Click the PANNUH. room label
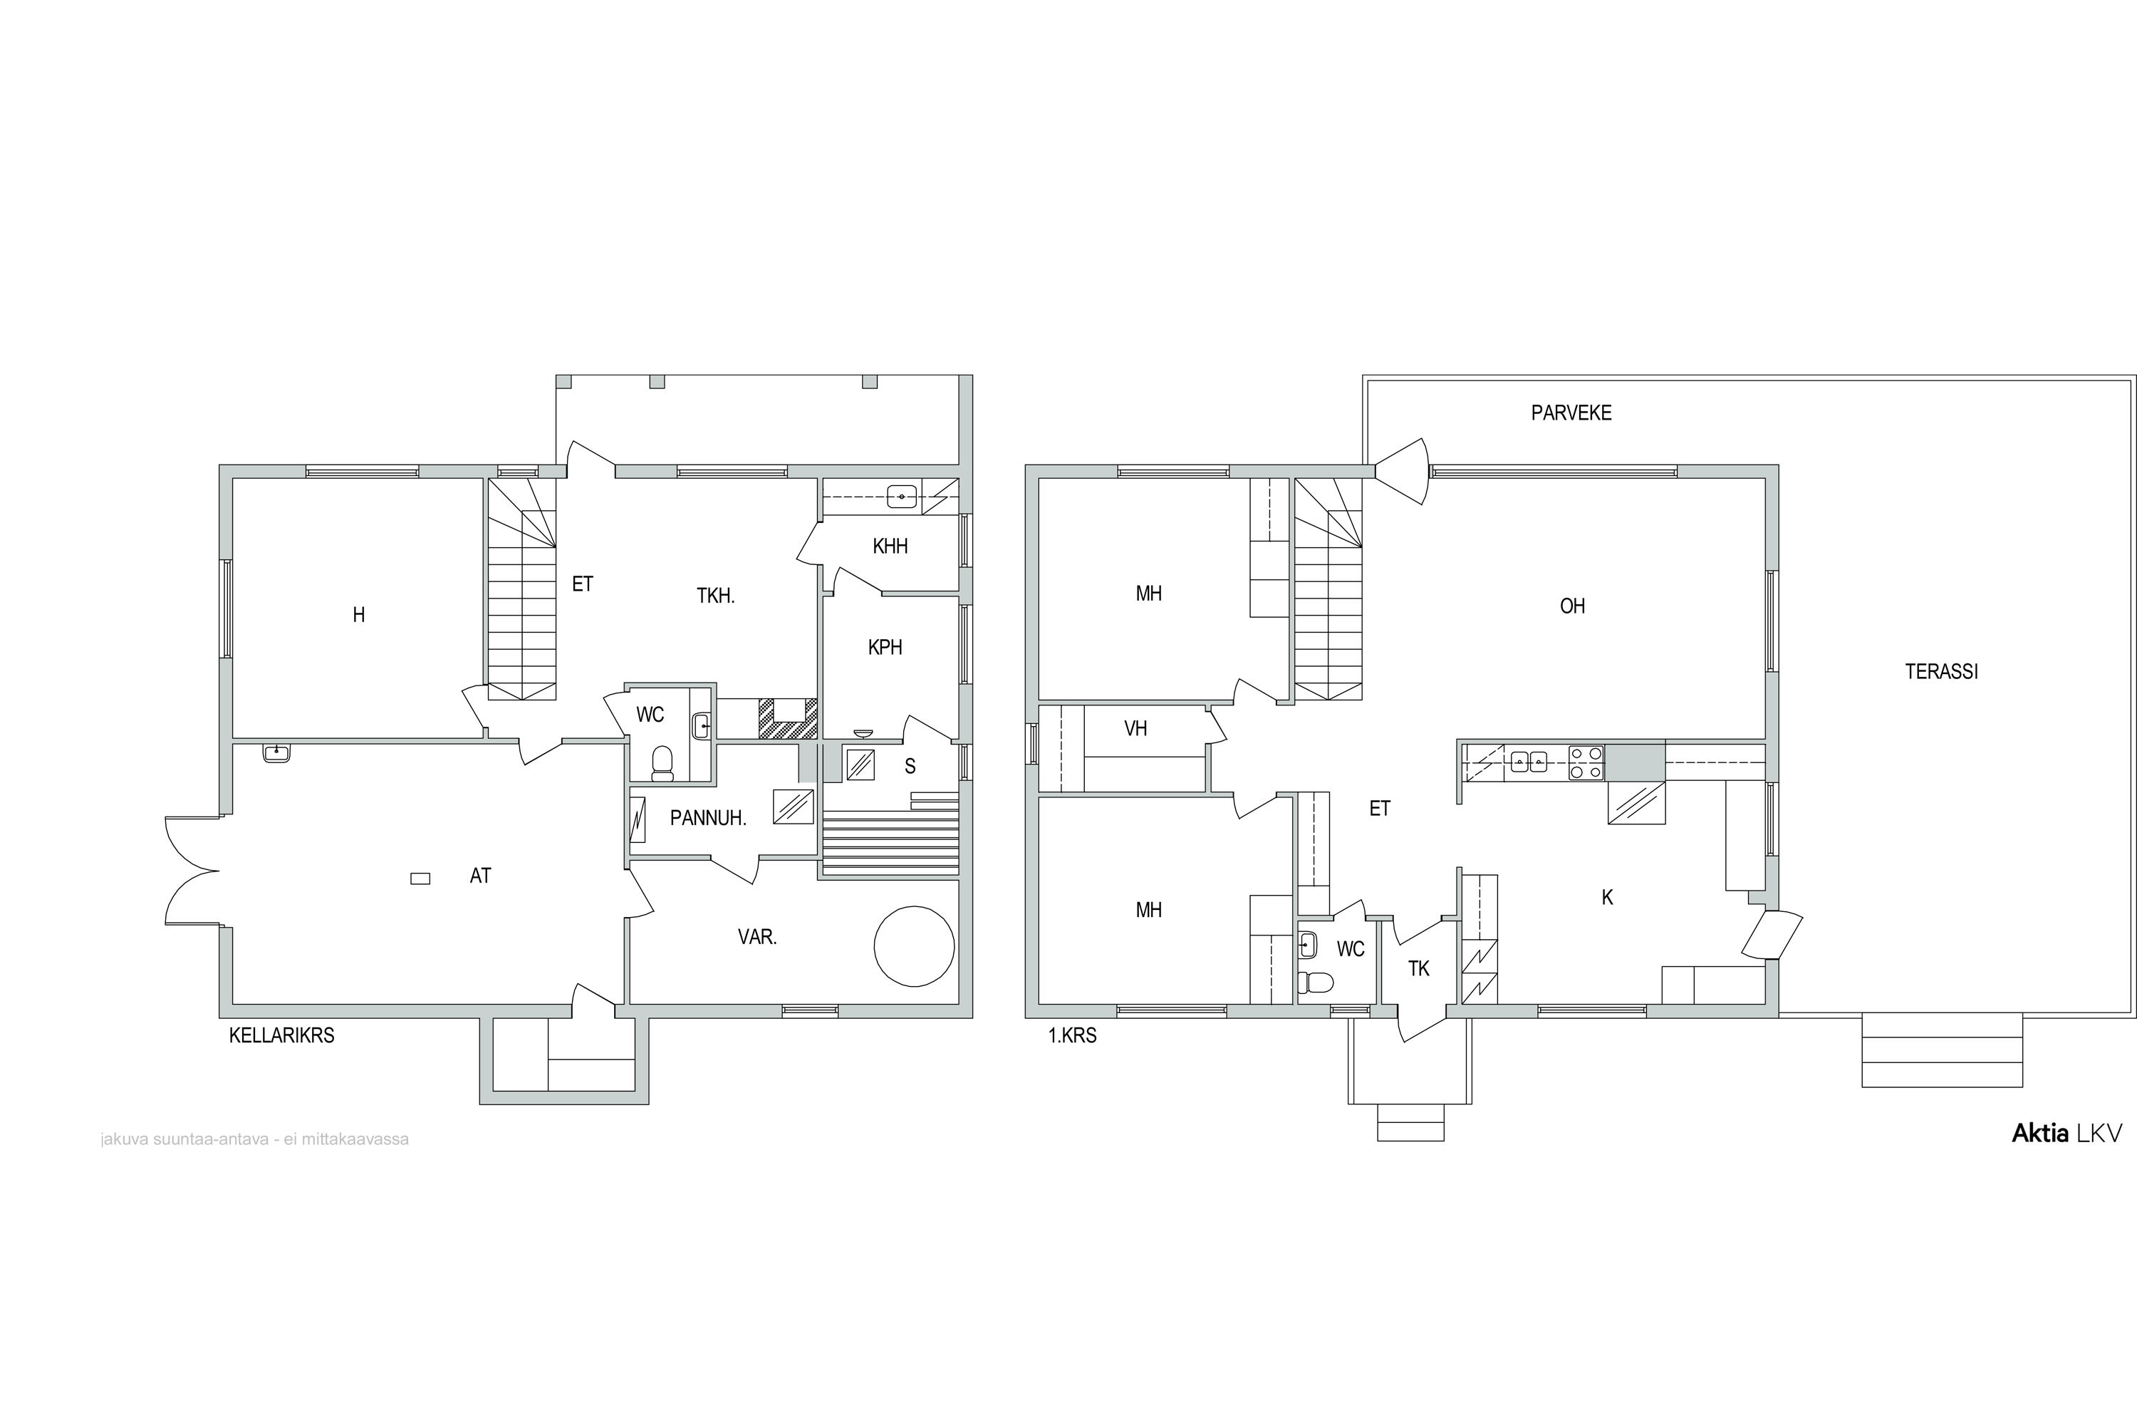pos(708,818)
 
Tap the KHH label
pos(890,546)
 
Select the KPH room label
pos(885,647)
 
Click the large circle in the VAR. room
pos(914,946)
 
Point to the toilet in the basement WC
pos(662,763)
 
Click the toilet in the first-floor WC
pos(1316,983)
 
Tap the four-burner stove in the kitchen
pos(1586,762)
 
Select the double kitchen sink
pos(1529,761)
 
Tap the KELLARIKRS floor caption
pos(281,1035)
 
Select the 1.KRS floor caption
pos(1072,1035)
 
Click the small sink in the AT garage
pos(276,752)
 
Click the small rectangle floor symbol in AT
pos(420,879)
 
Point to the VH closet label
pos(1135,729)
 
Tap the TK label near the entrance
pos(1418,969)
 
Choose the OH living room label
pos(1572,606)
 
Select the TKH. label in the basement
pos(716,596)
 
